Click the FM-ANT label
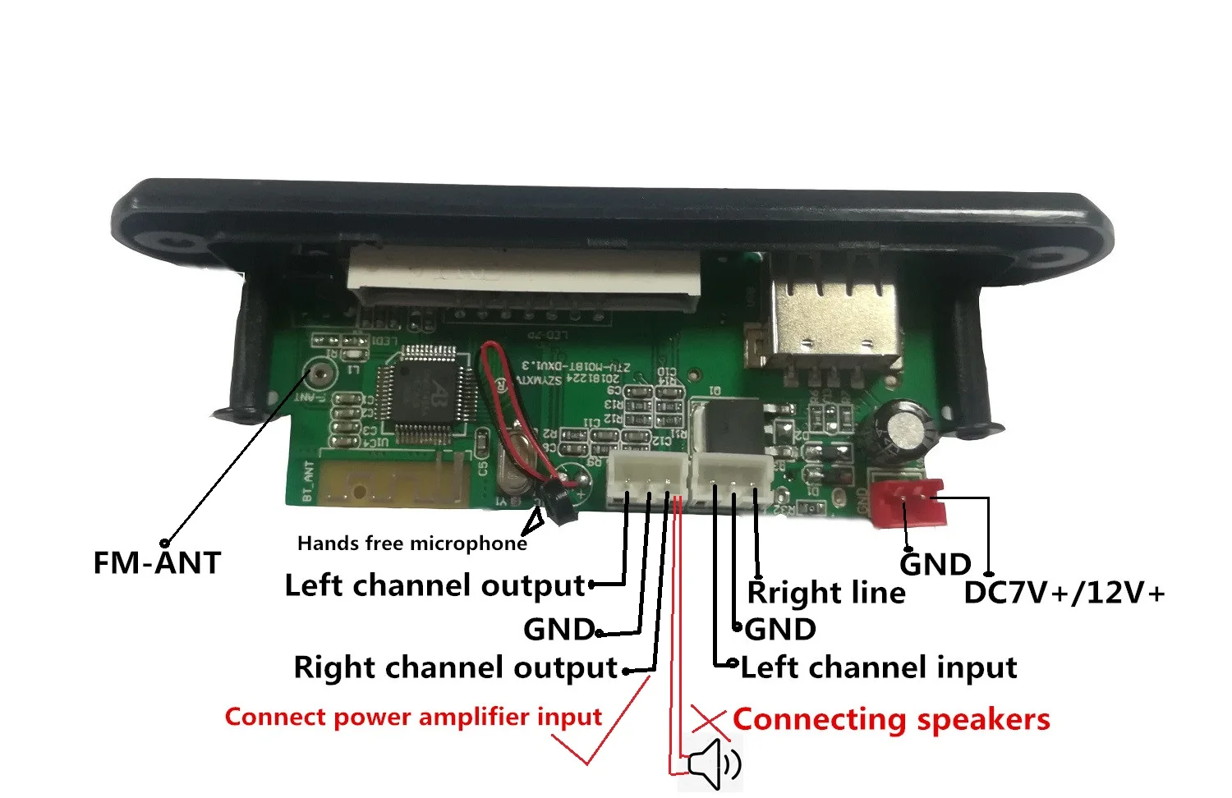(x=157, y=563)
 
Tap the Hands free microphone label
(x=411, y=543)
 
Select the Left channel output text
(x=434, y=585)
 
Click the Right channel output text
(x=455, y=667)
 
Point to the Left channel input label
(x=878, y=667)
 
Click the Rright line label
(x=826, y=593)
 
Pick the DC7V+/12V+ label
(x=1064, y=593)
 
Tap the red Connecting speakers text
(x=891, y=719)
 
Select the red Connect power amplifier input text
(x=413, y=717)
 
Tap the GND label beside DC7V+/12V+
(x=935, y=565)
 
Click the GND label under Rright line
(x=780, y=630)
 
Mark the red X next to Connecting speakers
(x=709, y=719)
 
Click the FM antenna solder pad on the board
(x=319, y=374)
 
